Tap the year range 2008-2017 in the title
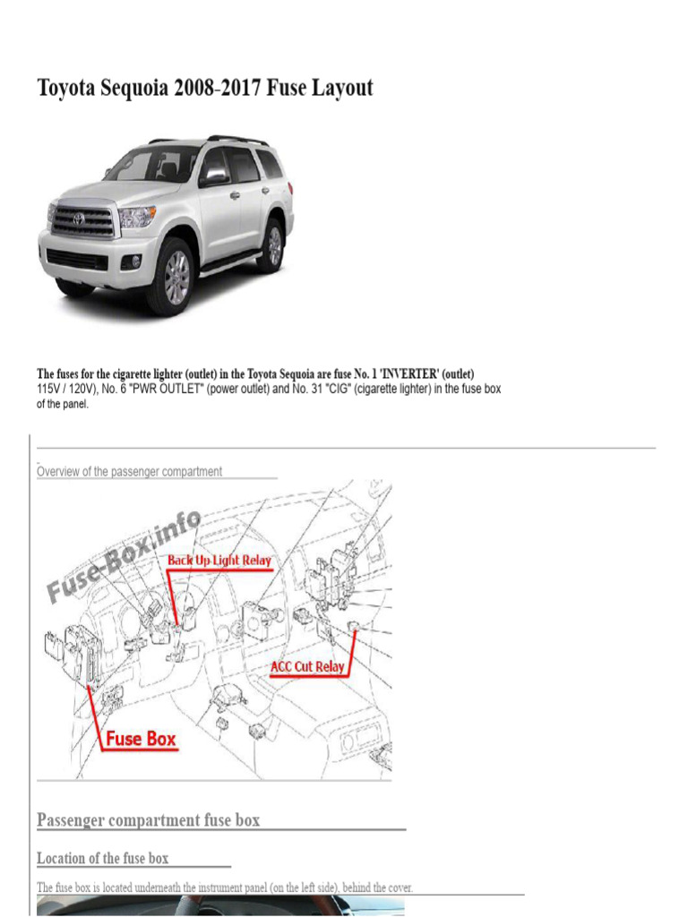[x=218, y=87]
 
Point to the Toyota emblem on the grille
[x=79, y=219]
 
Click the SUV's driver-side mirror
[x=215, y=176]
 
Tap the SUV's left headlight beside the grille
[x=136, y=217]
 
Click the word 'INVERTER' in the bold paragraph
[x=408, y=373]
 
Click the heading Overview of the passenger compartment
[x=129, y=471]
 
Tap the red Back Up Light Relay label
[x=219, y=561]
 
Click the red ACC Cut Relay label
[x=307, y=666]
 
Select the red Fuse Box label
[x=141, y=739]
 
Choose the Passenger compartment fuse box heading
[x=148, y=820]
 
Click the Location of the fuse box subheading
[x=102, y=859]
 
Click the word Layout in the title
[x=342, y=89]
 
